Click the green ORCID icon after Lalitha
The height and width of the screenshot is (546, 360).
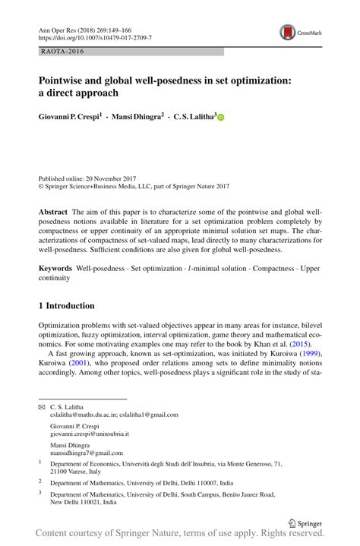223,118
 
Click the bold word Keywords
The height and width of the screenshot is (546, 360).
55,269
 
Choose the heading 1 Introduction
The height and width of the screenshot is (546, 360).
67,306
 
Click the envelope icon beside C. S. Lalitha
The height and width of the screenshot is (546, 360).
42,407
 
